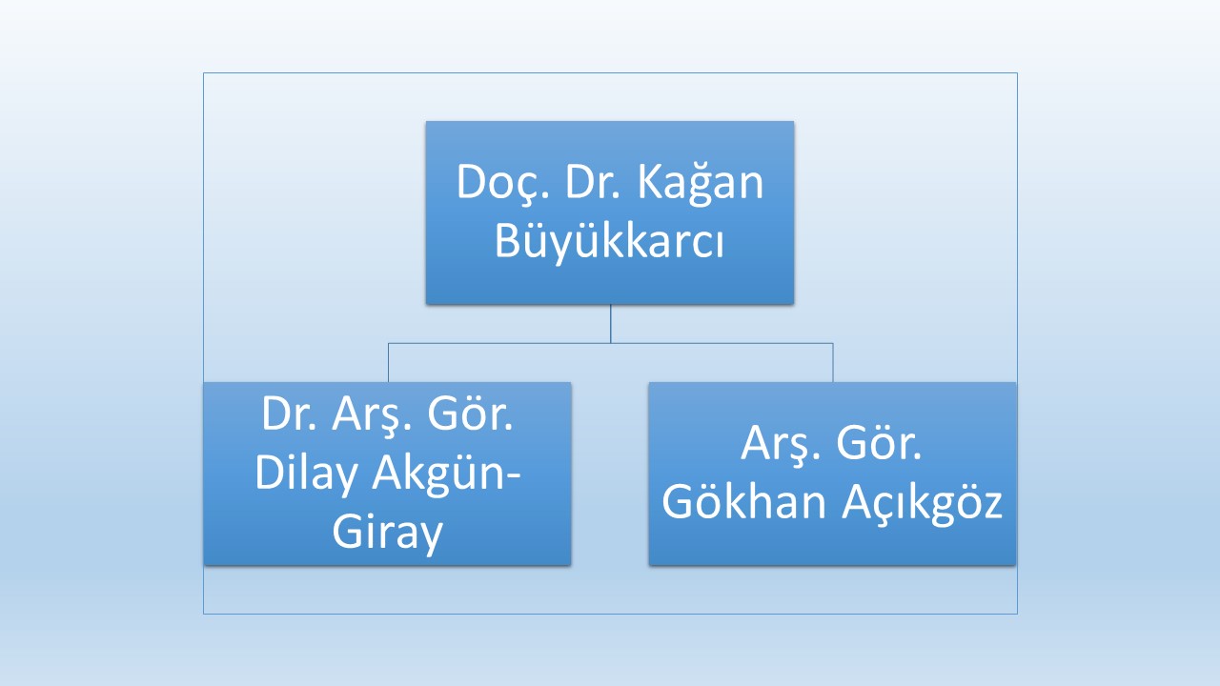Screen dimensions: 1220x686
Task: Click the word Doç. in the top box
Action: pos(502,183)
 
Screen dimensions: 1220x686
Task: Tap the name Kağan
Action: pos(701,184)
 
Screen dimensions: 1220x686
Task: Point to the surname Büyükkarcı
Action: pos(609,242)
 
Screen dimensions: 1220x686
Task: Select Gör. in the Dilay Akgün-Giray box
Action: pos(470,414)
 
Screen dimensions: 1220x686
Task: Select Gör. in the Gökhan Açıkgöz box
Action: pos(879,443)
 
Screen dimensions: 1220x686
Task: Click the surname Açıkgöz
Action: pos(922,504)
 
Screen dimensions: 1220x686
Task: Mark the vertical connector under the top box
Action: pos(611,323)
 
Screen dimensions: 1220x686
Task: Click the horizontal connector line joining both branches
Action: pos(611,343)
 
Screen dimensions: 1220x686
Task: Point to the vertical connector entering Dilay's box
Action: pos(388,363)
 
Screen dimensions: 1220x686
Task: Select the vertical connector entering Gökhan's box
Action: pos(833,363)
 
